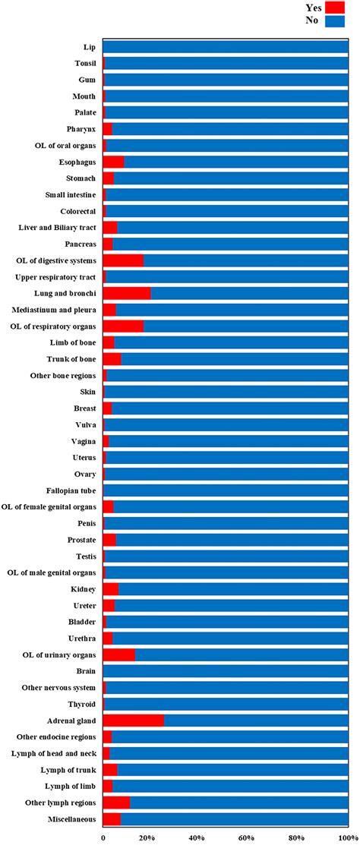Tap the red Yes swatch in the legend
[x=335, y=8]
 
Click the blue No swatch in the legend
[x=335, y=21]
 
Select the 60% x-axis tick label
[x=246, y=837]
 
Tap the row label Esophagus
[x=77, y=162]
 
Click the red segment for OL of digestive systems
[x=123, y=260]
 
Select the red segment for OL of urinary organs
[x=118, y=654]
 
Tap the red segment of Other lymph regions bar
[x=116, y=802]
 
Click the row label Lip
[x=90, y=47]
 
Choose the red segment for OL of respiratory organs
[x=123, y=326]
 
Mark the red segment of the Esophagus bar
[x=113, y=162]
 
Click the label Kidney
[x=82, y=589]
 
